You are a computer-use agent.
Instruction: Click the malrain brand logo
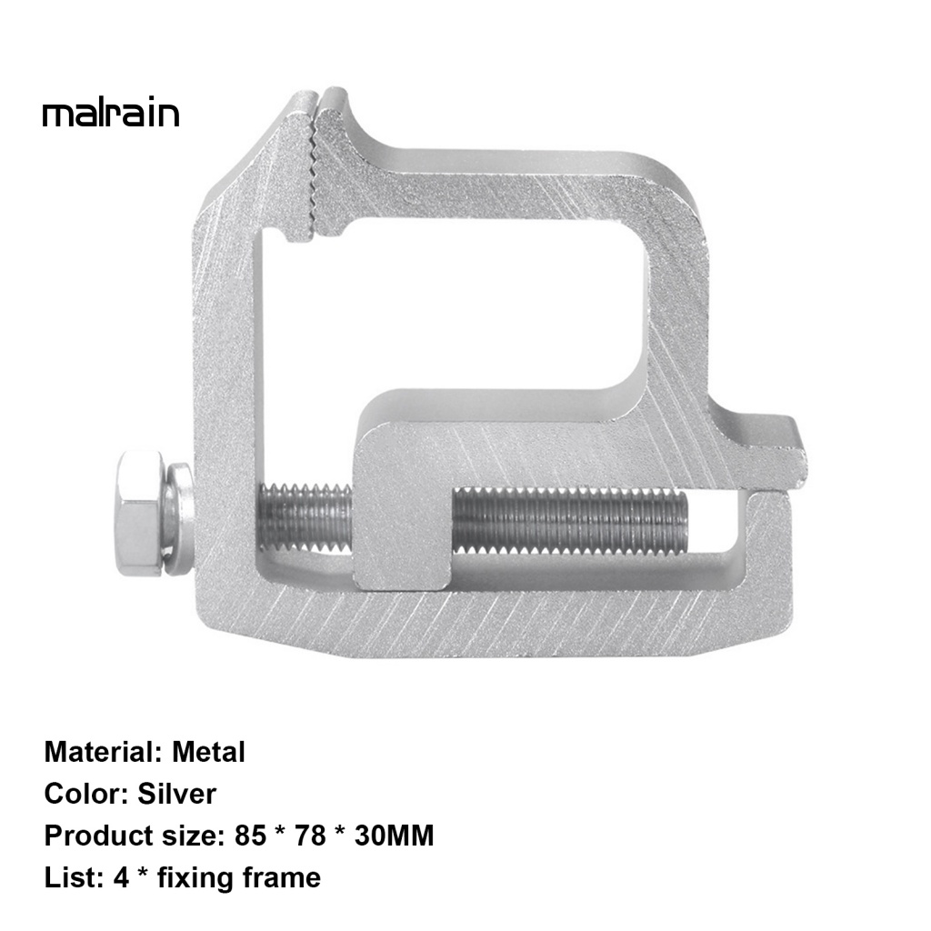point(111,114)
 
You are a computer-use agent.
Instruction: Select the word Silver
point(177,795)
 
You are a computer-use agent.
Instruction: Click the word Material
point(99,753)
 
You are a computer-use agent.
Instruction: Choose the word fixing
point(196,878)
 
